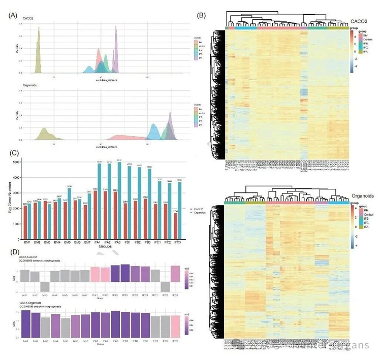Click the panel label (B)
[x=201, y=15]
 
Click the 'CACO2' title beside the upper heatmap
[x=361, y=22]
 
